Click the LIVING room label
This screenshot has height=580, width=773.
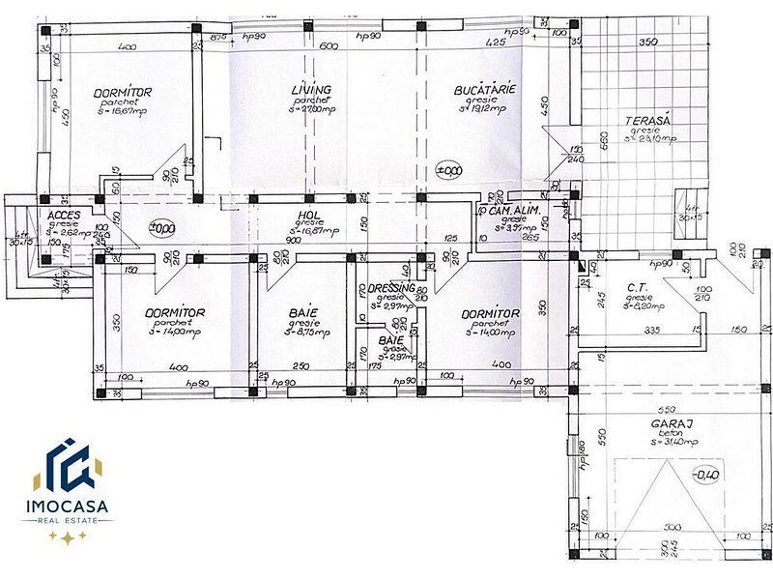click(311, 90)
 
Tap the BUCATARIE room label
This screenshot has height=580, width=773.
click(485, 90)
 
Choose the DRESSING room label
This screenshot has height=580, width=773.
click(391, 288)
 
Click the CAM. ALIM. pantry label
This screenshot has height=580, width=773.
click(511, 211)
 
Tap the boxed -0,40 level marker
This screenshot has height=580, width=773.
click(706, 474)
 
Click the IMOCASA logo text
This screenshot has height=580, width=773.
click(70, 506)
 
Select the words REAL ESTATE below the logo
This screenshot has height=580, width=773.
click(70, 520)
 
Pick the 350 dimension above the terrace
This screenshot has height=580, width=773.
click(648, 42)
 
